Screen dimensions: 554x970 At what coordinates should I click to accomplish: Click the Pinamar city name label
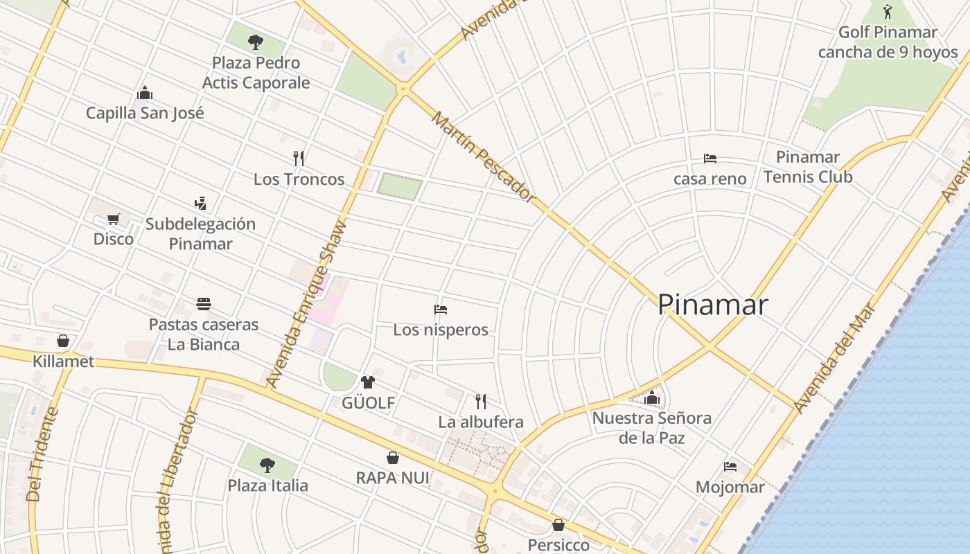(712, 305)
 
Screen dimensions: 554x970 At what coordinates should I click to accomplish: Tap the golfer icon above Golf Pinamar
(888, 12)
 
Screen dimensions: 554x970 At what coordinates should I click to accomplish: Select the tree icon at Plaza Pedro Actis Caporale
(256, 42)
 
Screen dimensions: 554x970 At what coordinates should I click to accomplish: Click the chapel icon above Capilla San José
(145, 93)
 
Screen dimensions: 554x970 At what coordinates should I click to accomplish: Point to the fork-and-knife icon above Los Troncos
(299, 159)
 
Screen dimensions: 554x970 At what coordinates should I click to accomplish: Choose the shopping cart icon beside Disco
(114, 220)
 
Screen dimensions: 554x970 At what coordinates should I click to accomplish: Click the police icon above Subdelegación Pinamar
(200, 204)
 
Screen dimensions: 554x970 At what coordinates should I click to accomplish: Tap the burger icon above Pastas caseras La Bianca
(203, 304)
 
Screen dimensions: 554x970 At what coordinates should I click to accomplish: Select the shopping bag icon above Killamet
(63, 341)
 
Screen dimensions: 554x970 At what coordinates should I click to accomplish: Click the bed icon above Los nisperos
(441, 310)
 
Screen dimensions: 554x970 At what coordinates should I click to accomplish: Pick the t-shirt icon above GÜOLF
(367, 382)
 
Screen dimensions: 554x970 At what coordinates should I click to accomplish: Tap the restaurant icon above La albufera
(481, 401)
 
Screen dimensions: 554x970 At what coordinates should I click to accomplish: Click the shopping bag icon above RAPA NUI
(392, 458)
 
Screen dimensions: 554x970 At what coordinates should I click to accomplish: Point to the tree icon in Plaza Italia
(267, 465)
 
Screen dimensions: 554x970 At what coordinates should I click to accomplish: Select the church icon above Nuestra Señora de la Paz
(651, 397)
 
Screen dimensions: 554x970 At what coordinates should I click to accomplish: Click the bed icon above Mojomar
(730, 467)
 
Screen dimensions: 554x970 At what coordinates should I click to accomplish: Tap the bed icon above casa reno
(709, 159)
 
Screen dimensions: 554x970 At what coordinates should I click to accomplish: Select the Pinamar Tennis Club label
(808, 167)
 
